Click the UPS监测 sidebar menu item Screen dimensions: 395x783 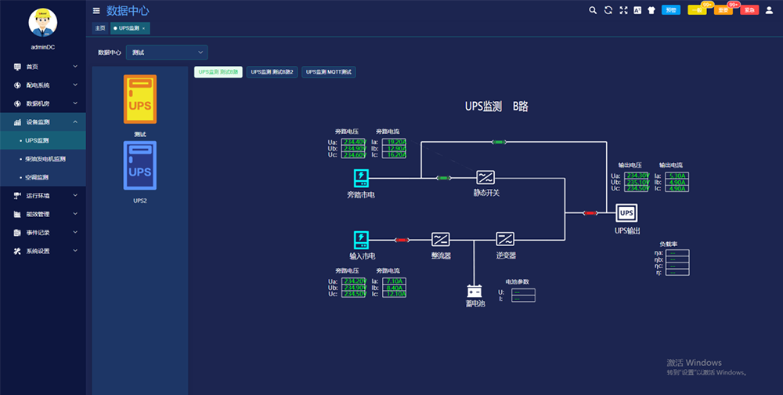[38, 140]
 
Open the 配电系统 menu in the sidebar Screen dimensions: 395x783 [38, 85]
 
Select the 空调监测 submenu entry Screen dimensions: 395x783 [38, 177]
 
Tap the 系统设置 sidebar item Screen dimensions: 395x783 [38, 251]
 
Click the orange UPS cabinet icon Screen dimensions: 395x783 [140, 100]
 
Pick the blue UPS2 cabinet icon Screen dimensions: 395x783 [140, 165]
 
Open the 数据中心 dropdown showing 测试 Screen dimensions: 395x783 [166, 53]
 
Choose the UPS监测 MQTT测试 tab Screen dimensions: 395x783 [329, 72]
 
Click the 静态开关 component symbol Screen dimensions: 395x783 [485, 177]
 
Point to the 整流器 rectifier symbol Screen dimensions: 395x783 [441, 239]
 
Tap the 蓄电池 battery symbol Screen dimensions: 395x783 [475, 290]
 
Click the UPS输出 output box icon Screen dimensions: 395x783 [626, 213]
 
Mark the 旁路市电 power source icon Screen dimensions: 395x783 [360, 176]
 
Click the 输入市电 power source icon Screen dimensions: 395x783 [361, 239]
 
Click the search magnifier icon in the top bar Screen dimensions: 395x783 [593, 10]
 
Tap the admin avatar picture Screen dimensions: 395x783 [43, 22]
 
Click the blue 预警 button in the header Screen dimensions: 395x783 [670, 10]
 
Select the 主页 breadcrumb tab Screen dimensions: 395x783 [100, 27]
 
